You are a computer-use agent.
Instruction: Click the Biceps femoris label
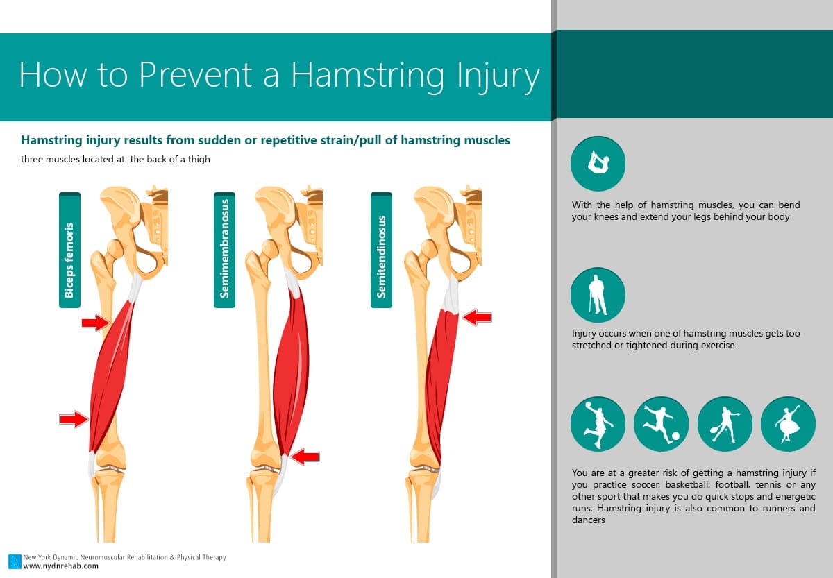(x=69, y=250)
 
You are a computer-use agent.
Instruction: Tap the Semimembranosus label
(x=225, y=250)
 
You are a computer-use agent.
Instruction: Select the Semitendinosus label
(x=381, y=250)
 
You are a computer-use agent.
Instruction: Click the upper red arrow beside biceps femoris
(x=96, y=322)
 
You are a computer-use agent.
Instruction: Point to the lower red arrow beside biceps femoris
(x=74, y=419)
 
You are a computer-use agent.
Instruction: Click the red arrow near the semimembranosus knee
(x=305, y=457)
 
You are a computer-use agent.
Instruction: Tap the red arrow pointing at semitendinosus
(x=477, y=317)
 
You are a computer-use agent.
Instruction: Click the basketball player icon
(x=598, y=424)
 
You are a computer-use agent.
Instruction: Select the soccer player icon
(x=661, y=424)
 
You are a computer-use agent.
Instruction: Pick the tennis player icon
(x=725, y=424)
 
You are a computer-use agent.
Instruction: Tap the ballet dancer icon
(x=788, y=424)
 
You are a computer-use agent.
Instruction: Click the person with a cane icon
(x=598, y=295)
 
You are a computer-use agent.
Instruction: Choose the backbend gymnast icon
(x=598, y=164)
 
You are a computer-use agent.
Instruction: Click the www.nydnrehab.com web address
(x=61, y=566)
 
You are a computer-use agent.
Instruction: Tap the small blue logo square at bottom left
(x=15, y=561)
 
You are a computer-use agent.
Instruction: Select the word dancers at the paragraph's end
(x=589, y=520)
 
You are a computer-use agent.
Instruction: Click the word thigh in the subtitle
(x=199, y=160)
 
